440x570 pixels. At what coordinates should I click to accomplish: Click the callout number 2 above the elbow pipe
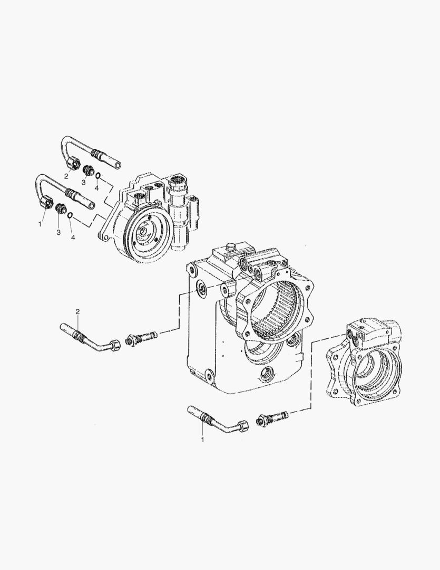click(x=77, y=312)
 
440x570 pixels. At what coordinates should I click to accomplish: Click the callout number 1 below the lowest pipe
click(x=202, y=439)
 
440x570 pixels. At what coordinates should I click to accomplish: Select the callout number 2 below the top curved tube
click(x=66, y=176)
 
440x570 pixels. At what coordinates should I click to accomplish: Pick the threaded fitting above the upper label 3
click(x=88, y=170)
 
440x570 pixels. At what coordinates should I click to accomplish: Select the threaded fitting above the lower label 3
click(x=60, y=208)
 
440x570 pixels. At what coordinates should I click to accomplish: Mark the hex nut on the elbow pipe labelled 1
click(x=242, y=426)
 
